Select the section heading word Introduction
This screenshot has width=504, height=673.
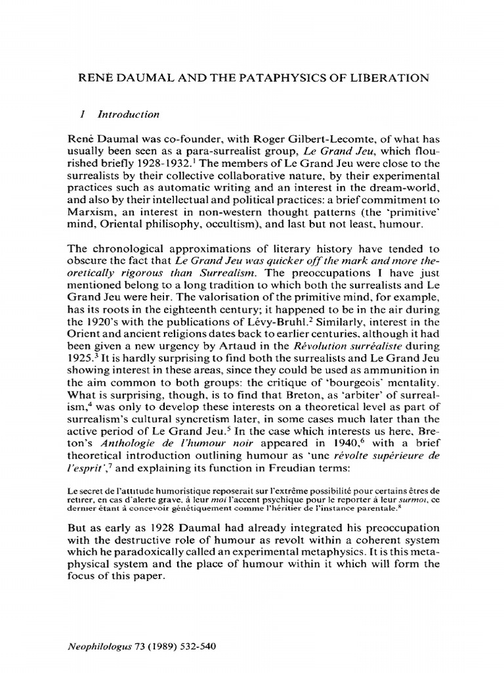tap(128, 114)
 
